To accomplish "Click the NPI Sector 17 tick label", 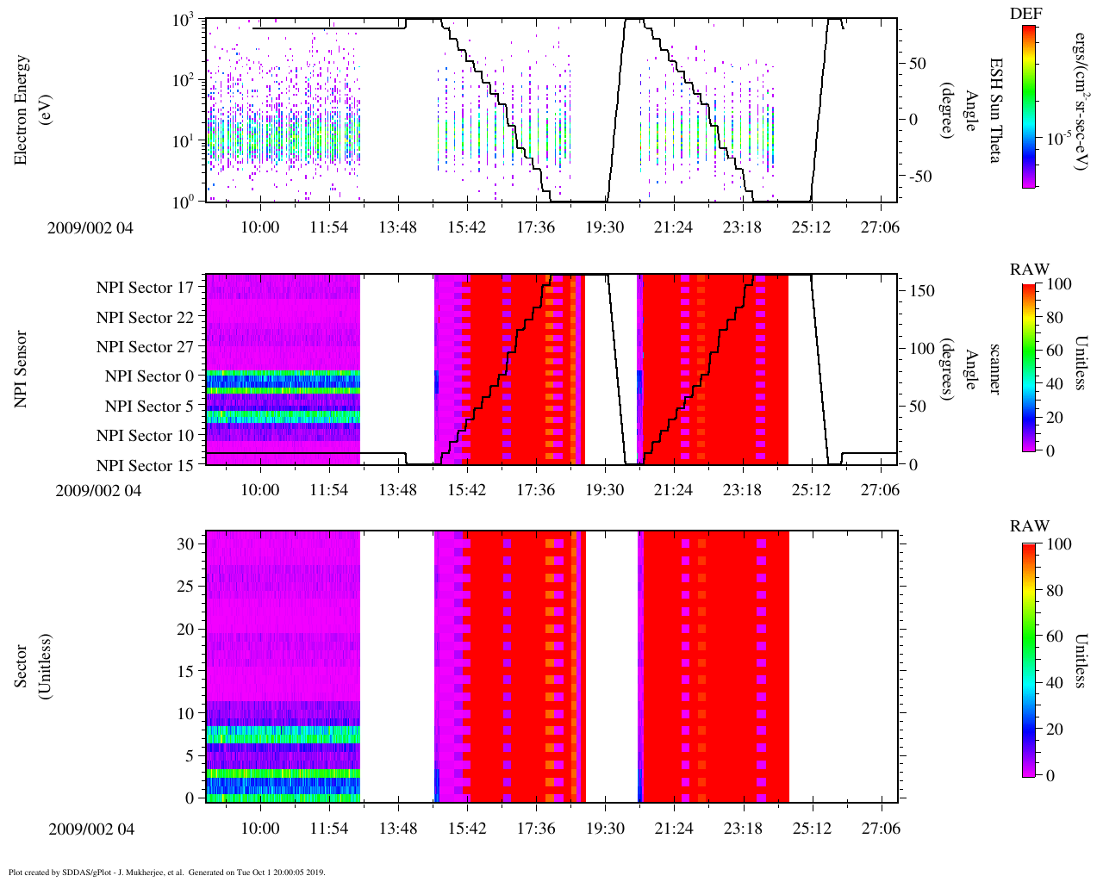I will click(146, 288).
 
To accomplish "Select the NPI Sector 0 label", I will click(150, 376).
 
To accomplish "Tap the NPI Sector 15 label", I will click(146, 466).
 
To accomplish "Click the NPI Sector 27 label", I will click(146, 347).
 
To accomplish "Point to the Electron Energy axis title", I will click(30, 109).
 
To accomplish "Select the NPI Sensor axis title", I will click(22, 369).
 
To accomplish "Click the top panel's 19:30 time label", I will click(604, 227).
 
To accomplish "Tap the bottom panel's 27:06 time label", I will click(880, 829).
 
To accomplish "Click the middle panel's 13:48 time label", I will click(397, 490).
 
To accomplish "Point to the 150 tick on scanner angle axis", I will click(922, 291).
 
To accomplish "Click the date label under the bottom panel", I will click(91, 829).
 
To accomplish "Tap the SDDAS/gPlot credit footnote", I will click(166, 872).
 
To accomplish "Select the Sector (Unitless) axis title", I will click(30, 667).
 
